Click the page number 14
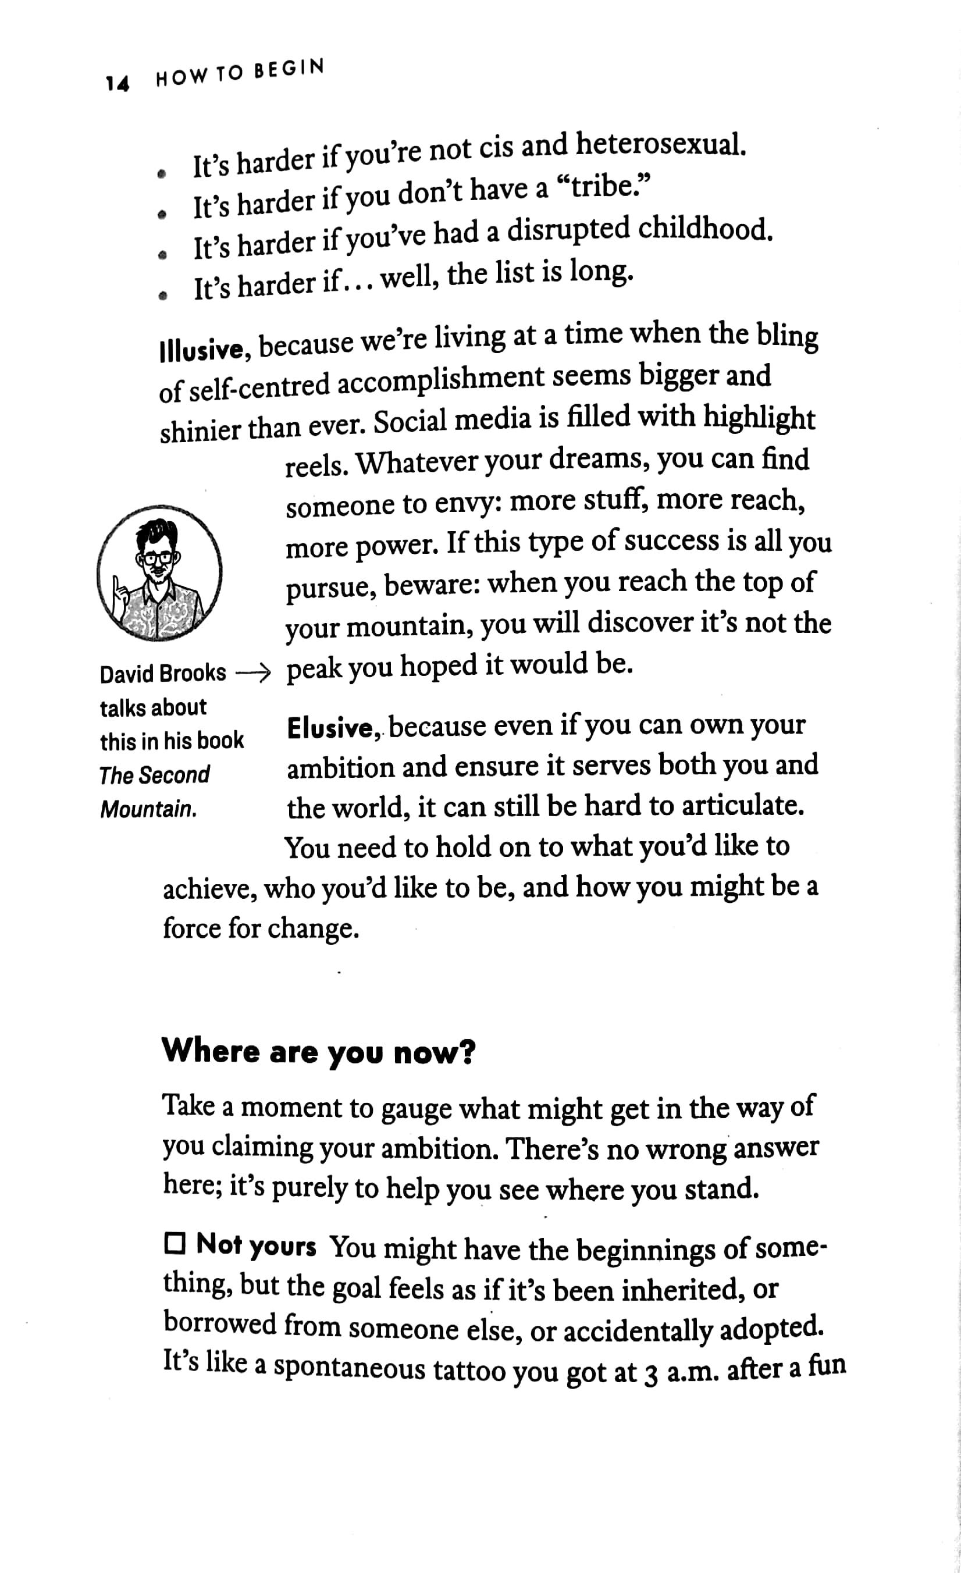pyautogui.click(x=118, y=83)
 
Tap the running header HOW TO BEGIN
pyautogui.click(x=240, y=74)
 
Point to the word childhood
pyautogui.click(x=705, y=230)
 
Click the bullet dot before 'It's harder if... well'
pyautogui.click(x=164, y=295)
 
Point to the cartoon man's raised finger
pyautogui.click(x=118, y=584)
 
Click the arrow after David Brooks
pyautogui.click(x=254, y=674)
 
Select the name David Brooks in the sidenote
pyautogui.click(x=163, y=674)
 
